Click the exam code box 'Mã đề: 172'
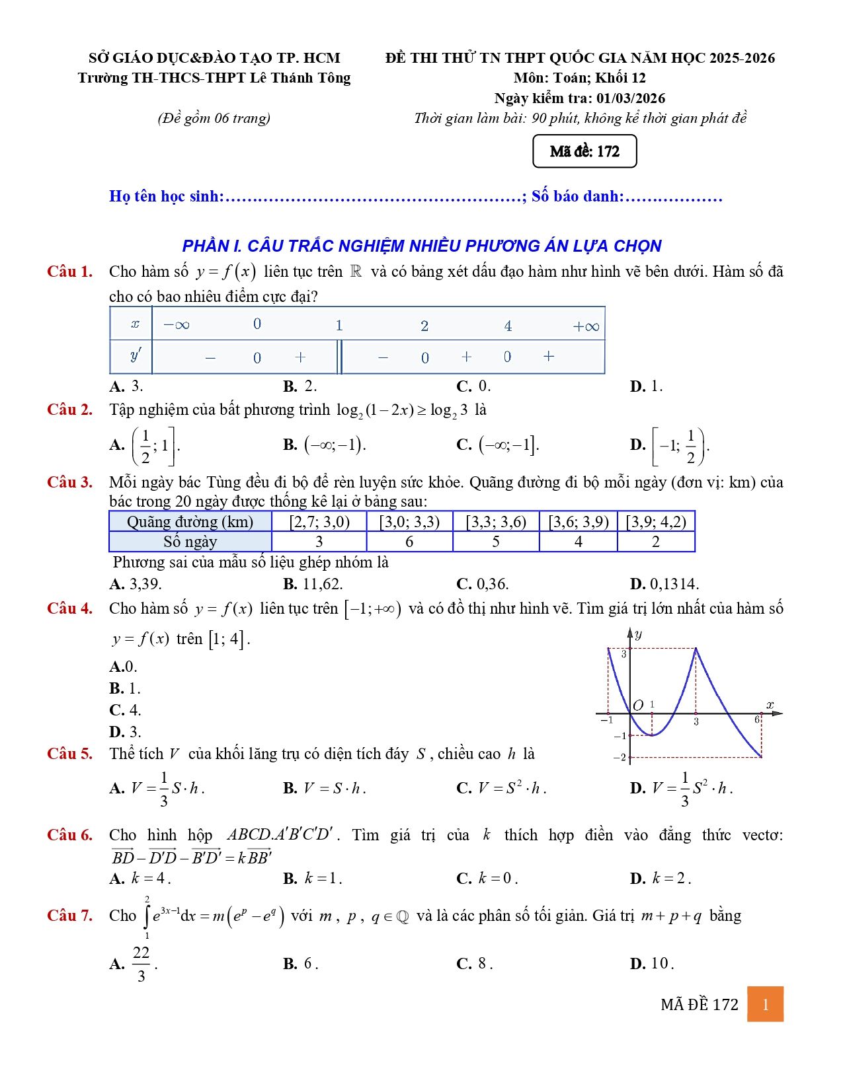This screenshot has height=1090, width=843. [584, 151]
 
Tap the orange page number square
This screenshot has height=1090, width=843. [765, 1004]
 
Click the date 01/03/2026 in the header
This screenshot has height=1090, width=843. [631, 98]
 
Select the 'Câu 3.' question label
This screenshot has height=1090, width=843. [69, 482]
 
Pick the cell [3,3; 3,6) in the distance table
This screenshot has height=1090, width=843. [496, 522]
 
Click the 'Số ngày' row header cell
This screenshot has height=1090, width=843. [190, 542]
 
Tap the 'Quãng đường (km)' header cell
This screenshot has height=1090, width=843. [190, 522]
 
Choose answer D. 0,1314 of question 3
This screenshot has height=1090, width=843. [664, 584]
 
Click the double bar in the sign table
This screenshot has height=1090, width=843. [340, 357]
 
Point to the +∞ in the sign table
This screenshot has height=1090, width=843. [586, 326]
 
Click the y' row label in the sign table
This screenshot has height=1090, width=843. [135, 357]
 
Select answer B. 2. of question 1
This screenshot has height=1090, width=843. [300, 386]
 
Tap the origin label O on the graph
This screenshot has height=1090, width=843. [638, 706]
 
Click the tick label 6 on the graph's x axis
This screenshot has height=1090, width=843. [757, 719]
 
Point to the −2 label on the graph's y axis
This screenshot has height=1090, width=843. [619, 758]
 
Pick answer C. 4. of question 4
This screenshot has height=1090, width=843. [126, 710]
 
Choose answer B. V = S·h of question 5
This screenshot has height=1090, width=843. [325, 788]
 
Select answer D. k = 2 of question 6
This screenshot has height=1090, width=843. [661, 879]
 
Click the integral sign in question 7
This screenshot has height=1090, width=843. [147, 917]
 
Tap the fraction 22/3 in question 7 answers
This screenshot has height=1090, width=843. [141, 964]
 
